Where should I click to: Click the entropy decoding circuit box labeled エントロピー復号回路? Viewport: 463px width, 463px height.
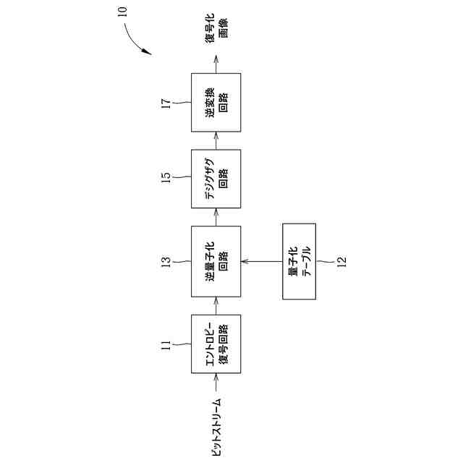(x=216, y=344)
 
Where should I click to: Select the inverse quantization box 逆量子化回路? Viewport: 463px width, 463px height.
(x=216, y=260)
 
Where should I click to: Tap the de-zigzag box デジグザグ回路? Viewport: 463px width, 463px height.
(x=216, y=177)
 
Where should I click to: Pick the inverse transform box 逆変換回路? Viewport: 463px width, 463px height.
(x=216, y=102)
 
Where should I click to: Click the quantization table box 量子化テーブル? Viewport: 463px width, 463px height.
(x=298, y=260)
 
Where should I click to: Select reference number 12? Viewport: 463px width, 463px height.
(x=341, y=260)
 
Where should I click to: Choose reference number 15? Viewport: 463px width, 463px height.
(x=165, y=177)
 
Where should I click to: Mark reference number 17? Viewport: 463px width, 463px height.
(x=165, y=102)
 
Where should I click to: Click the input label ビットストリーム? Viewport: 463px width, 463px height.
(x=215, y=427)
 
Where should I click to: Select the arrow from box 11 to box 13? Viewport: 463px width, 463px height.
(x=216, y=307)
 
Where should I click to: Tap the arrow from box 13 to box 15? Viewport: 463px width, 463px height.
(x=216, y=216)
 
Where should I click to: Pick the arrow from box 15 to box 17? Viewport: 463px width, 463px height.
(x=216, y=140)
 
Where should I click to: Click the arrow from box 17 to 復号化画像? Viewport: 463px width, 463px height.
(x=216, y=65)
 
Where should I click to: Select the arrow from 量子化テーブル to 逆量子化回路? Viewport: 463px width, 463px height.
(x=260, y=260)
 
